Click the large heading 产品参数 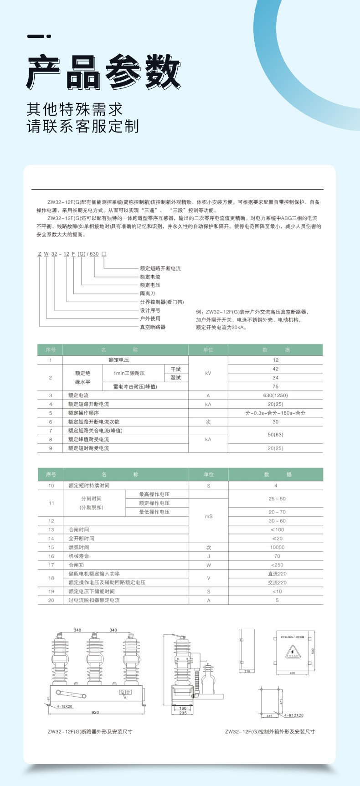[x=104, y=72]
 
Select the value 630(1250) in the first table [x=275, y=396]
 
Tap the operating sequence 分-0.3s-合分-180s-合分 [x=275, y=413]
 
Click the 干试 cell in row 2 [x=176, y=369]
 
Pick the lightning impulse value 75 [x=275, y=386]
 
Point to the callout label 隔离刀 [x=147, y=293]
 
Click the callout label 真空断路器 [x=153, y=327]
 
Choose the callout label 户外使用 [x=150, y=319]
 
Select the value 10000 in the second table [x=277, y=547]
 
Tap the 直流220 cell [x=277, y=574]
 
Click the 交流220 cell [x=277, y=582]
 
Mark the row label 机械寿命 [x=79, y=556]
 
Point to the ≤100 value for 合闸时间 [x=277, y=529]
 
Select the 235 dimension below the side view [x=183, y=713]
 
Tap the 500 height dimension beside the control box [x=313, y=651]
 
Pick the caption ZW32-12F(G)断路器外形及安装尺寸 [x=90, y=744]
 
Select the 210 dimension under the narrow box [x=247, y=671]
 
